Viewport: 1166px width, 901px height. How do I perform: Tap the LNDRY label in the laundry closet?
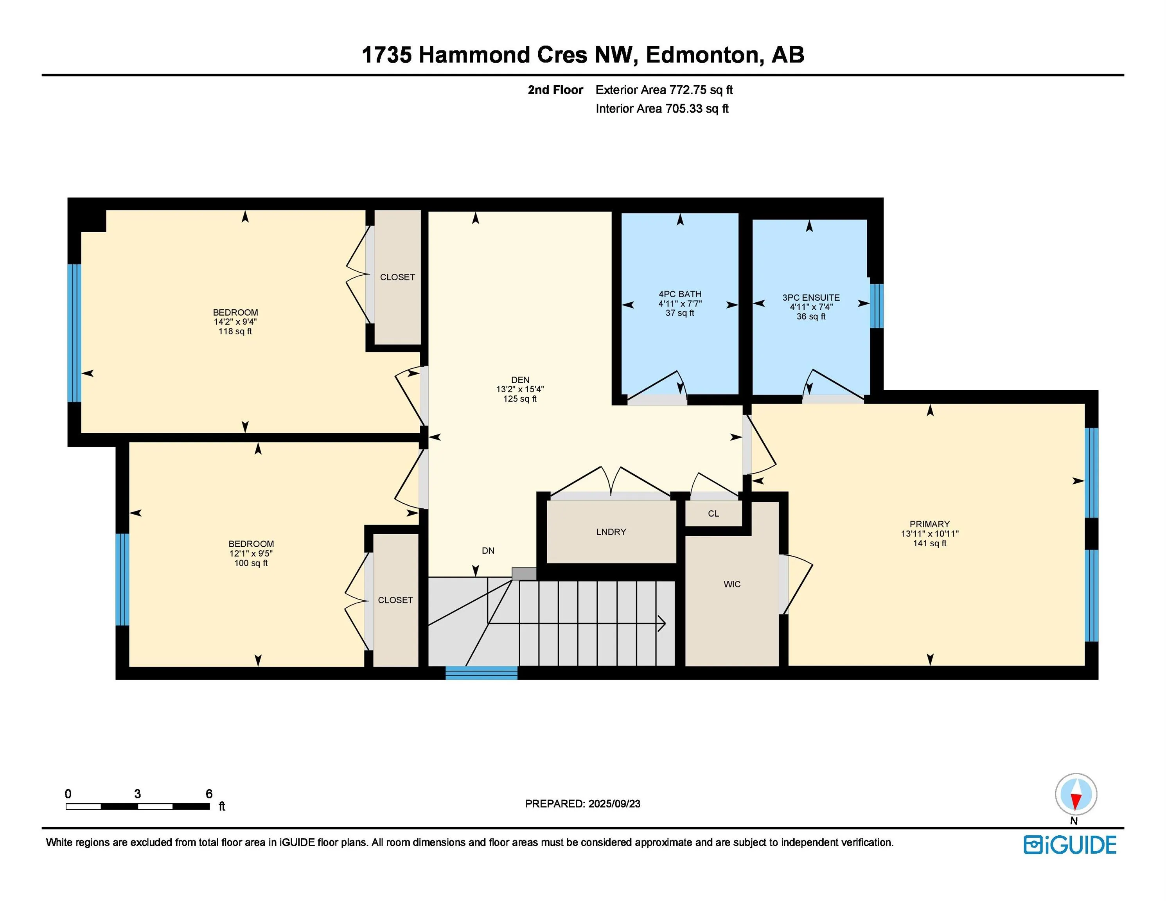pos(611,531)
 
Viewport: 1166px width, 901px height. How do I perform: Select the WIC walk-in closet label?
pos(732,584)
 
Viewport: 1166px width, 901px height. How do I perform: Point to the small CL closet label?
pos(713,513)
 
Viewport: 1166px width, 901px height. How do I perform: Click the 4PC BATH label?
pos(680,294)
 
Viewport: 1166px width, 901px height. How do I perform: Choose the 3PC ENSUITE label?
pos(811,298)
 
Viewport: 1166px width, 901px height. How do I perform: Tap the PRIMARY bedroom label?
pos(929,524)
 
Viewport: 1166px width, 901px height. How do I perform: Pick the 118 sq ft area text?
pos(235,332)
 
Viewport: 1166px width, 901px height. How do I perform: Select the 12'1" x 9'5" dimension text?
pos(251,553)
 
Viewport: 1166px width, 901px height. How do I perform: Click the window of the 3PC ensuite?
pos(876,306)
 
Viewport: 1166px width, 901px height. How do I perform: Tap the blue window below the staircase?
pos(481,673)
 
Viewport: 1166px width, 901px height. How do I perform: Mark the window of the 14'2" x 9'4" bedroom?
pos(74,333)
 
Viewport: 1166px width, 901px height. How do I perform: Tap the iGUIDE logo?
pos(1070,845)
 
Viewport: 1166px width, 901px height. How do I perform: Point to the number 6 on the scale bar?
pos(209,794)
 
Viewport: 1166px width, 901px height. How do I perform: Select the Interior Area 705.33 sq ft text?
pos(662,109)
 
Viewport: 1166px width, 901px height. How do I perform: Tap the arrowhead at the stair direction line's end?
pos(662,623)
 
